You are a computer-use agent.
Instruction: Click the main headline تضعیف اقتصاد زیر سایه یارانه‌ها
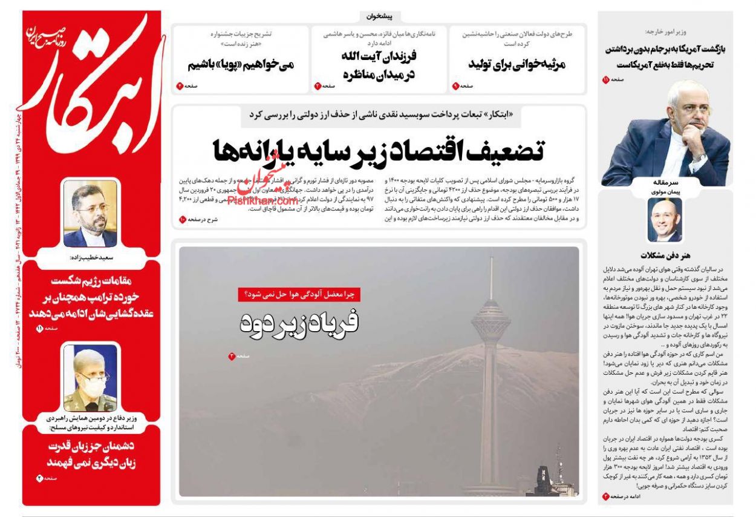click(x=379, y=150)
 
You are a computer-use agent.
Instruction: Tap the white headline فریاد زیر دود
click(x=299, y=323)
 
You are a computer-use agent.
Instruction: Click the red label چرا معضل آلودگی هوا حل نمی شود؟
click(x=299, y=294)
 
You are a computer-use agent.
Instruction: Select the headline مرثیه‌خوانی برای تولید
click(x=516, y=64)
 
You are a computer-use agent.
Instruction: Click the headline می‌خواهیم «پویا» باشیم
click(x=240, y=64)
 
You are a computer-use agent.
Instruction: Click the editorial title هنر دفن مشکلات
click(x=665, y=255)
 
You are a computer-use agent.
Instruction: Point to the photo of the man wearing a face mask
click(x=90, y=378)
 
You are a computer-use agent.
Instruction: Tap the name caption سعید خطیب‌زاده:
click(x=91, y=257)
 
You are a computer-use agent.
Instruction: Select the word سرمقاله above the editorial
click(x=665, y=182)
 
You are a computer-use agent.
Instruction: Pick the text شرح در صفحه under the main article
click(x=201, y=219)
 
